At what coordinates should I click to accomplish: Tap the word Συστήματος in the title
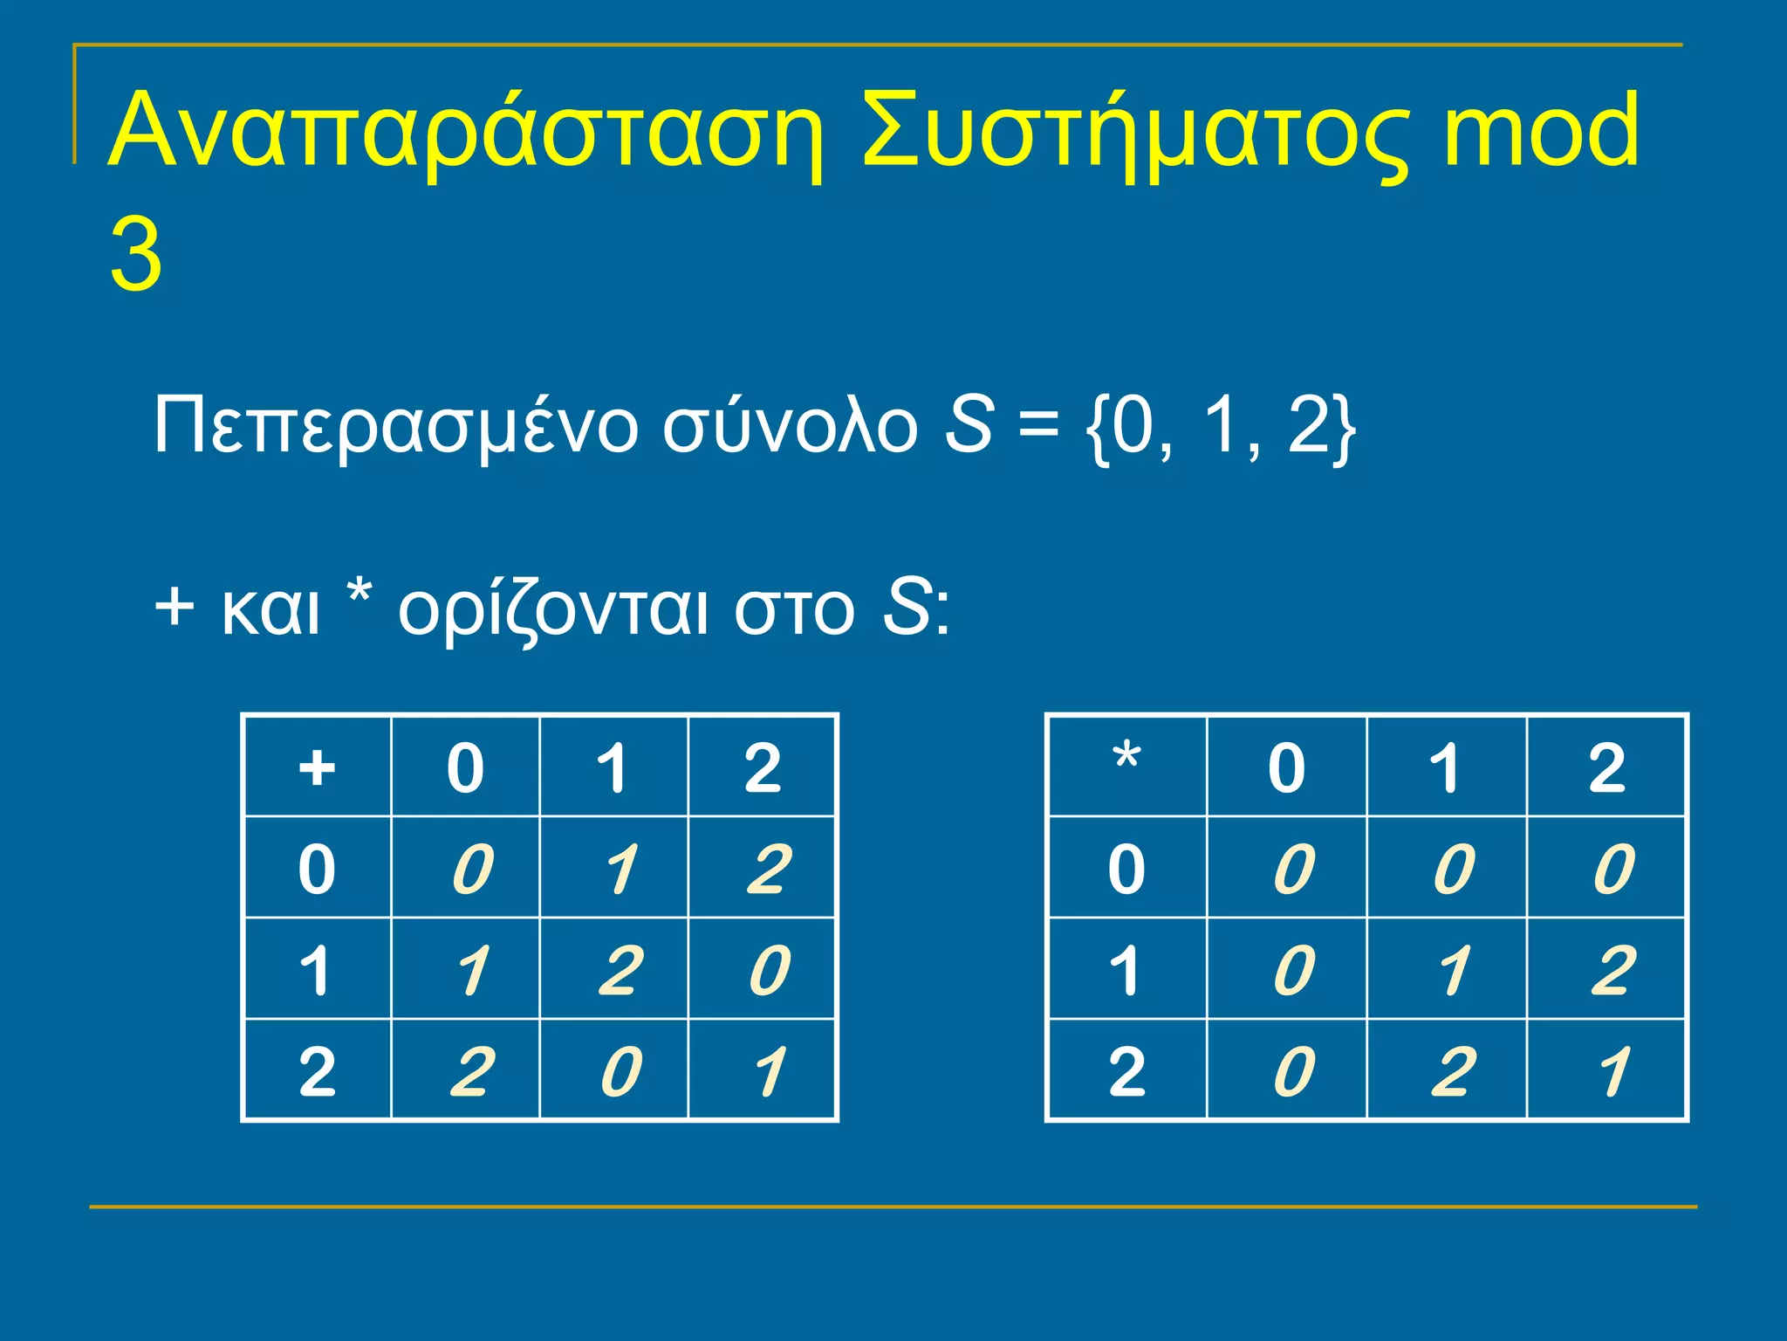(1134, 131)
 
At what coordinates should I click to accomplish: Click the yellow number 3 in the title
(136, 256)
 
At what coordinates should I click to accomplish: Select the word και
(271, 609)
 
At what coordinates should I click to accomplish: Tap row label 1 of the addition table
(317, 970)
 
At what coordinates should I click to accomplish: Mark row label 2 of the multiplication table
(1126, 1071)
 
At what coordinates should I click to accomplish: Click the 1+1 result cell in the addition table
(620, 970)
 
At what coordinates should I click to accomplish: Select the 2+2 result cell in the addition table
(768, 1071)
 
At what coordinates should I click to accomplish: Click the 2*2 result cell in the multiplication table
(1612, 1071)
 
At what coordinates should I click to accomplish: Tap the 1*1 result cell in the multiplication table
(1452, 970)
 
